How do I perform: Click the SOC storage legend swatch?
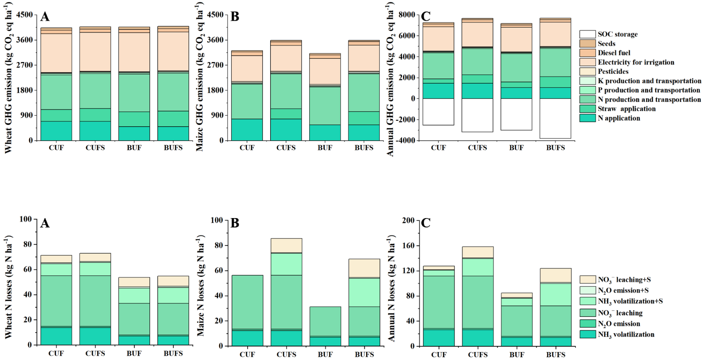point(587,34)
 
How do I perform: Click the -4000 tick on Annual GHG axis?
point(406,141)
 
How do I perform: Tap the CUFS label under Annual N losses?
point(477,353)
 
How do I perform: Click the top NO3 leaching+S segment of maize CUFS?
point(286,245)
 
